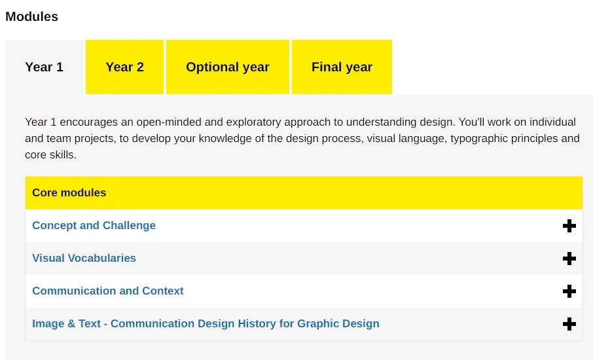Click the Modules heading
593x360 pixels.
tap(32, 16)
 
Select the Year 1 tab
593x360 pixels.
tap(44, 67)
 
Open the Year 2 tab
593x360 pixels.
tap(124, 67)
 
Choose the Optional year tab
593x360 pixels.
tap(228, 67)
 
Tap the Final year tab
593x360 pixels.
tap(342, 67)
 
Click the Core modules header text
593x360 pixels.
tap(69, 192)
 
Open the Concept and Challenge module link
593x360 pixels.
tap(94, 225)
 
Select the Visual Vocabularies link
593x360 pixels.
tap(84, 258)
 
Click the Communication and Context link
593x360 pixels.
tap(108, 291)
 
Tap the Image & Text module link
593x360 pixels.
tap(206, 324)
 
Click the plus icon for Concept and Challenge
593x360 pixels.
tap(569, 226)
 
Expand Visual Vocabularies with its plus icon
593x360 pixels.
tap(569, 259)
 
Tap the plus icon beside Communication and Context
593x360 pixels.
tap(569, 291)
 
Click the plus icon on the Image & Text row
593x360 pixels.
tap(569, 324)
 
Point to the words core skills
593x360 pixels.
tap(50, 154)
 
